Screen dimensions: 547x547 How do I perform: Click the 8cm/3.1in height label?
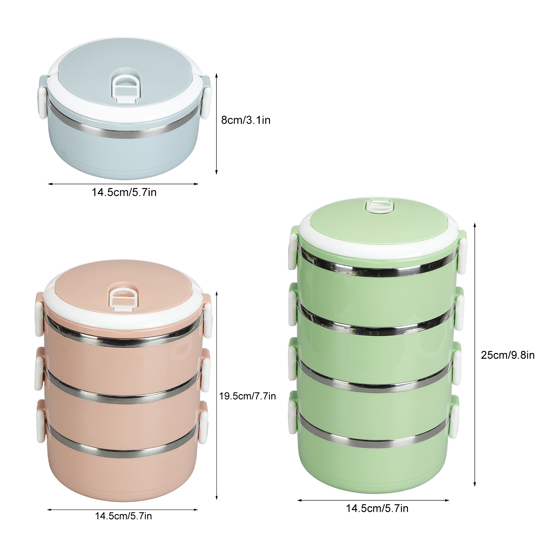pyautogui.click(x=246, y=120)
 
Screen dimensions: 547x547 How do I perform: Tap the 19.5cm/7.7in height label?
pyautogui.click(x=247, y=396)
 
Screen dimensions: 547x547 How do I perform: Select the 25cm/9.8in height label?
pyautogui.click(x=508, y=355)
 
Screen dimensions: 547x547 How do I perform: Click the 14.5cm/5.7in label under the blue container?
pyautogui.click(x=124, y=192)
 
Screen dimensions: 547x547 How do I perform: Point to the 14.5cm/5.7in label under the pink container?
pyautogui.click(x=123, y=516)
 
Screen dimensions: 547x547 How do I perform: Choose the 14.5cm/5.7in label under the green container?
pyautogui.click(x=377, y=508)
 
